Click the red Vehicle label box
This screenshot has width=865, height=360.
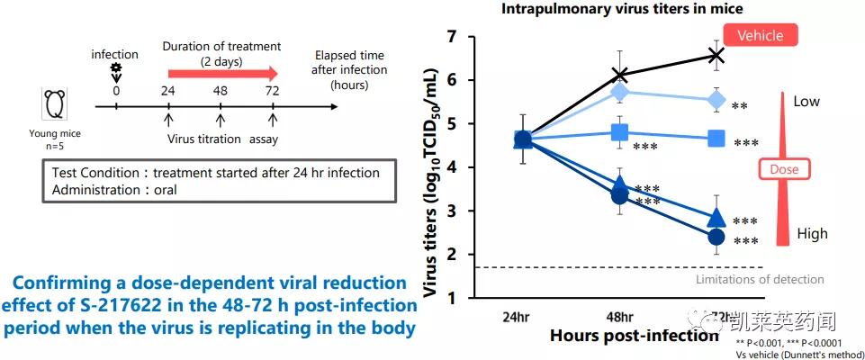(761, 36)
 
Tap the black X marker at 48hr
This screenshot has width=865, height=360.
(619, 75)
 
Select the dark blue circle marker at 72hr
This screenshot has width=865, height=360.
(716, 237)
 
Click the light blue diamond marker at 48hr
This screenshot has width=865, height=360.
(619, 92)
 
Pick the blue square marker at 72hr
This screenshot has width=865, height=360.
(716, 139)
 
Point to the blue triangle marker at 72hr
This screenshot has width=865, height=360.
(716, 218)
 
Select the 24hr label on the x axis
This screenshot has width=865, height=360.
(521, 317)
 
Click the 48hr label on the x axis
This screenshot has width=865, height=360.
(619, 317)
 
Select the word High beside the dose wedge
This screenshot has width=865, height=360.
(812, 234)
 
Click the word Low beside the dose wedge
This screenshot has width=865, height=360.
(806, 102)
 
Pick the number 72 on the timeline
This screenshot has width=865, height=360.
(273, 91)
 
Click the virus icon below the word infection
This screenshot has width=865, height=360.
(115, 69)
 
